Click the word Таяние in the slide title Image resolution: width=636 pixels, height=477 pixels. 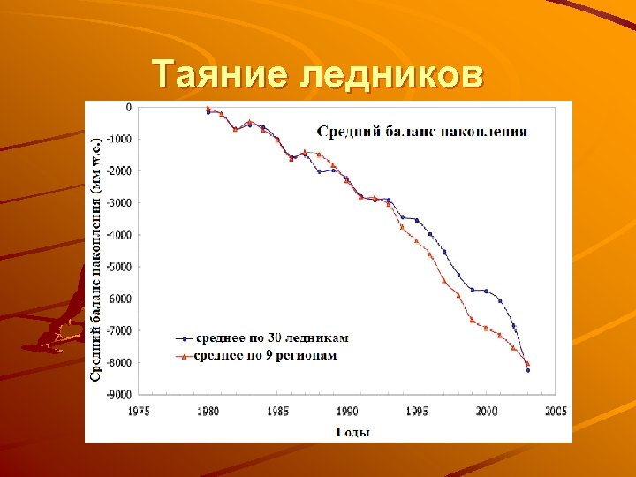point(221,74)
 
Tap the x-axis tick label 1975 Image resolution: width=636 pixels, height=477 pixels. point(140,412)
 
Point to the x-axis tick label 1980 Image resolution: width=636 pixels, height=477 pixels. point(208,412)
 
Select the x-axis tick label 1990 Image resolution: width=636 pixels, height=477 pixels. point(347,412)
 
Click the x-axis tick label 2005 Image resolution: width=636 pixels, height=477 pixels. point(555,412)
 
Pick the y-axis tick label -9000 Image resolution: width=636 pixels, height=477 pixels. point(117,394)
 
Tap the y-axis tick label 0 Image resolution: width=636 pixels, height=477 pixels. point(128,107)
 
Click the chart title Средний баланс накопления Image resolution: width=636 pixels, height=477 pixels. point(422,132)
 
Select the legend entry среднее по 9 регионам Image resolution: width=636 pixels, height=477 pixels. point(265,355)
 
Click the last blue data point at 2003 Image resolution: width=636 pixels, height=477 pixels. point(528,370)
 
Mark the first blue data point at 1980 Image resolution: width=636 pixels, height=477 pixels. point(208,112)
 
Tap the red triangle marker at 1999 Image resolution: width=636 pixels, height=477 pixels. point(473,320)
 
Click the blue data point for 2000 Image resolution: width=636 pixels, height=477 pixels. point(486,291)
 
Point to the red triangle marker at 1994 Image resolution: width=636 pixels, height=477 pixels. point(403,227)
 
